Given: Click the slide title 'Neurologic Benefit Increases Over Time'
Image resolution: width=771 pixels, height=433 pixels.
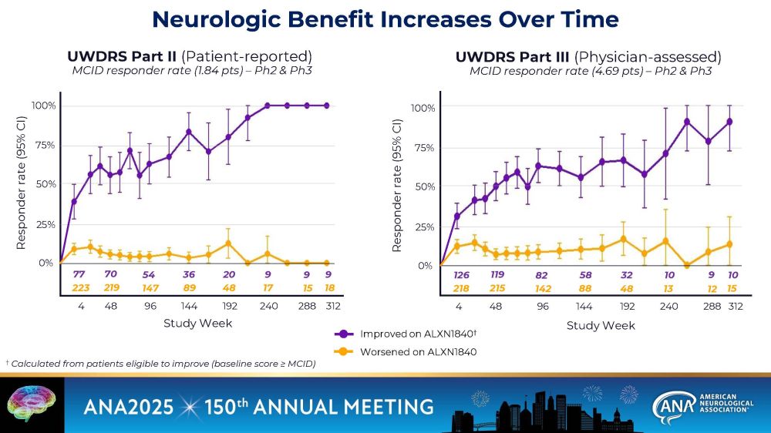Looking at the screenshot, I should [x=385, y=19].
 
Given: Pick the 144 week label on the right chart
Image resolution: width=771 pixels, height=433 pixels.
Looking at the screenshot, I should [x=584, y=306].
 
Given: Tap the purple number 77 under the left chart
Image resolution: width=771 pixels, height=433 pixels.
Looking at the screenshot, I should [x=79, y=274].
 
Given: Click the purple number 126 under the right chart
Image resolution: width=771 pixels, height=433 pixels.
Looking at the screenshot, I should [x=461, y=275].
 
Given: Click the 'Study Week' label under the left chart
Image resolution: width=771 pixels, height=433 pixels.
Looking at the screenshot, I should [x=197, y=323].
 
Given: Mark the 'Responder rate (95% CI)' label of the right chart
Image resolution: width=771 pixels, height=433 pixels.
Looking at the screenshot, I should [x=397, y=185].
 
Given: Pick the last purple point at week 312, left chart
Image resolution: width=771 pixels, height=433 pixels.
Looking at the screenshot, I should [x=327, y=106].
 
